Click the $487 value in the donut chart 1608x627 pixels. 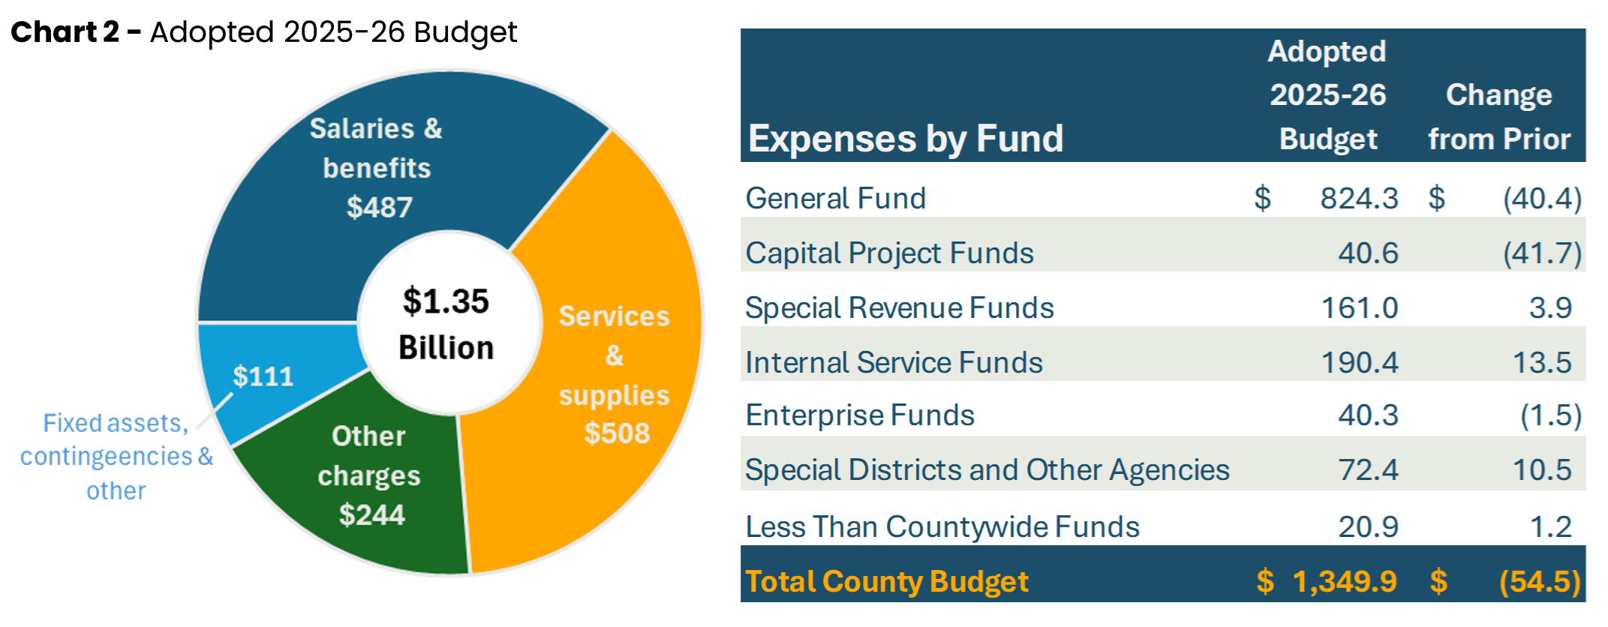pos(380,208)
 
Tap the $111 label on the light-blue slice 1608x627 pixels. pos(263,376)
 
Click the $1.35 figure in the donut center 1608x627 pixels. pos(446,301)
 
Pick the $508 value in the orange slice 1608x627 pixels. pos(617,433)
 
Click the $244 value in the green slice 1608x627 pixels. pos(371,515)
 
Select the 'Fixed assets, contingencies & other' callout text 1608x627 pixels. pos(116,456)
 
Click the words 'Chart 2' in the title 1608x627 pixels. pos(65,32)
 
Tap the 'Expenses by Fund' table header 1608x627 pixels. pos(906,139)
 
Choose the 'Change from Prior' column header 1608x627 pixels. pos(1498,117)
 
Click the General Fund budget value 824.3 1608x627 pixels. pos(1359,199)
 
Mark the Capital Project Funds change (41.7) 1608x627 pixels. pos(1542,253)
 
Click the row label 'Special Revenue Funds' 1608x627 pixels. pos(899,308)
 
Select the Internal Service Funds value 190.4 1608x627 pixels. pos(1359,363)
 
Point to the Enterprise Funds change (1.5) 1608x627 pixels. pos(1550,415)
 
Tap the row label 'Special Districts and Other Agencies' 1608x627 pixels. pos(987,470)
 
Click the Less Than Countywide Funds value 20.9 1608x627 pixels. pos(1368,527)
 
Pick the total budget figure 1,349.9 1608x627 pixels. pos(1344,582)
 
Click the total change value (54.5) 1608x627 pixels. pos(1539,582)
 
